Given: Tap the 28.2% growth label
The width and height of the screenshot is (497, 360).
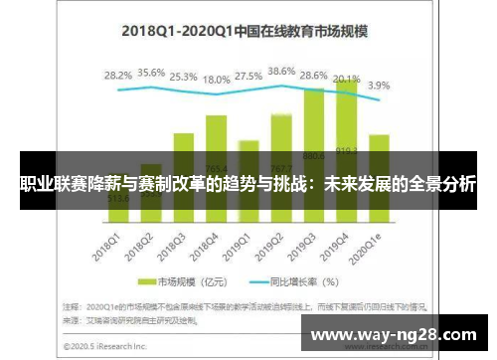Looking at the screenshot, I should [118, 75].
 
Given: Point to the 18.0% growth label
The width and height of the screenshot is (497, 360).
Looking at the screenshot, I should [216, 80].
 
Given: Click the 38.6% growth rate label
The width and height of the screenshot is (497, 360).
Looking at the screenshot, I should [282, 72].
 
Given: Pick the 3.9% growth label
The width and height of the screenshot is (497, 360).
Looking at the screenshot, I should [379, 86].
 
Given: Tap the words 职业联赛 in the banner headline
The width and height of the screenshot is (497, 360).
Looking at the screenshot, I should [51, 184].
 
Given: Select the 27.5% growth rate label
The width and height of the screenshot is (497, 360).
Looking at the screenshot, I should [248, 77].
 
